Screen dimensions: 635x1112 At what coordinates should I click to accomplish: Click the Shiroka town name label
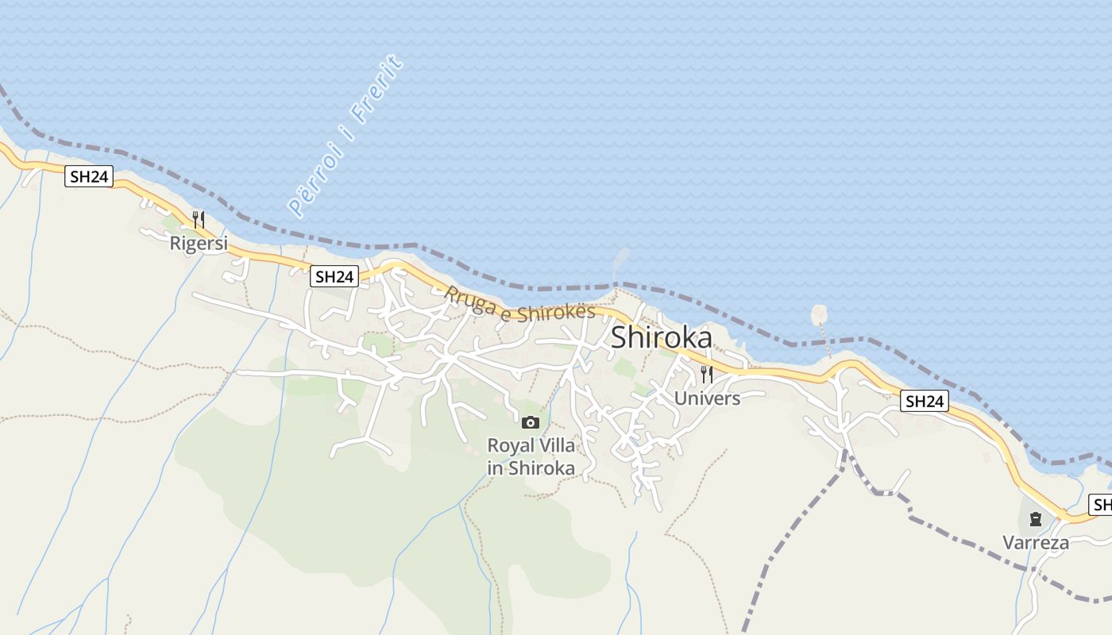coord(661,338)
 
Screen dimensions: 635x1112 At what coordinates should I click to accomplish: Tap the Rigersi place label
coord(199,244)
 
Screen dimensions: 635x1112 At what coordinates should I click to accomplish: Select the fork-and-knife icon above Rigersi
coord(199,219)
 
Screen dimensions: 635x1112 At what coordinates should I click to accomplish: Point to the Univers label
coord(707,398)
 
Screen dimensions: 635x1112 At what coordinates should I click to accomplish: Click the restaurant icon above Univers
coord(707,374)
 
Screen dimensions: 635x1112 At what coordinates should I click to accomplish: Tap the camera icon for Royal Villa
coord(531,422)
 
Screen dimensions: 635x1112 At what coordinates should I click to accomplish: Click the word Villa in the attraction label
coord(555,444)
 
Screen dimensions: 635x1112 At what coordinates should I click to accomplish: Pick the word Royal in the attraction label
coord(511,444)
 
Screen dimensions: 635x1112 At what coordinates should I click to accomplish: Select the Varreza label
coord(1036,543)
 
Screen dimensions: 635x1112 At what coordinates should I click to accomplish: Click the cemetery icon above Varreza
coord(1035,520)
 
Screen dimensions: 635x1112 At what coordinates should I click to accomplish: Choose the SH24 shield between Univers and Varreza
coord(925,402)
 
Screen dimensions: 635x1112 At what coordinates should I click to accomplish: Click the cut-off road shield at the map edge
coord(1102,504)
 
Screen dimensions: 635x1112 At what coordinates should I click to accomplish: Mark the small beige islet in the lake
coord(818,314)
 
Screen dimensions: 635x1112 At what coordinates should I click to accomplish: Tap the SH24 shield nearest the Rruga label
coord(334,276)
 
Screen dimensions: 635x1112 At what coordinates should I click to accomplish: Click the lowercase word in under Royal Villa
coord(495,468)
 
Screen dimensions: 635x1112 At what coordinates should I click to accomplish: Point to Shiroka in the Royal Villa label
coord(542,468)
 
